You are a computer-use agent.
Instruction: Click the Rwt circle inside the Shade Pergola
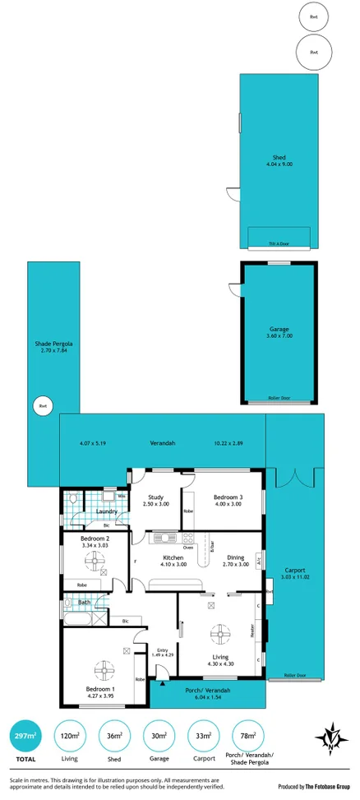click(40, 405)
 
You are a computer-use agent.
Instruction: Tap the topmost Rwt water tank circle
click(313, 17)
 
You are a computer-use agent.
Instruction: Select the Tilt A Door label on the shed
click(279, 244)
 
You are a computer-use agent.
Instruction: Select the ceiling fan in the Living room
click(220, 633)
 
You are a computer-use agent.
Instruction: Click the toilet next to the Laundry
click(73, 499)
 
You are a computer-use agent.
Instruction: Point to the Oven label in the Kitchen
click(188, 547)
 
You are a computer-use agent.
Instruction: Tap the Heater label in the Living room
click(252, 632)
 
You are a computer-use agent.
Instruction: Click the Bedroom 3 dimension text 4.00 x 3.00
click(228, 504)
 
